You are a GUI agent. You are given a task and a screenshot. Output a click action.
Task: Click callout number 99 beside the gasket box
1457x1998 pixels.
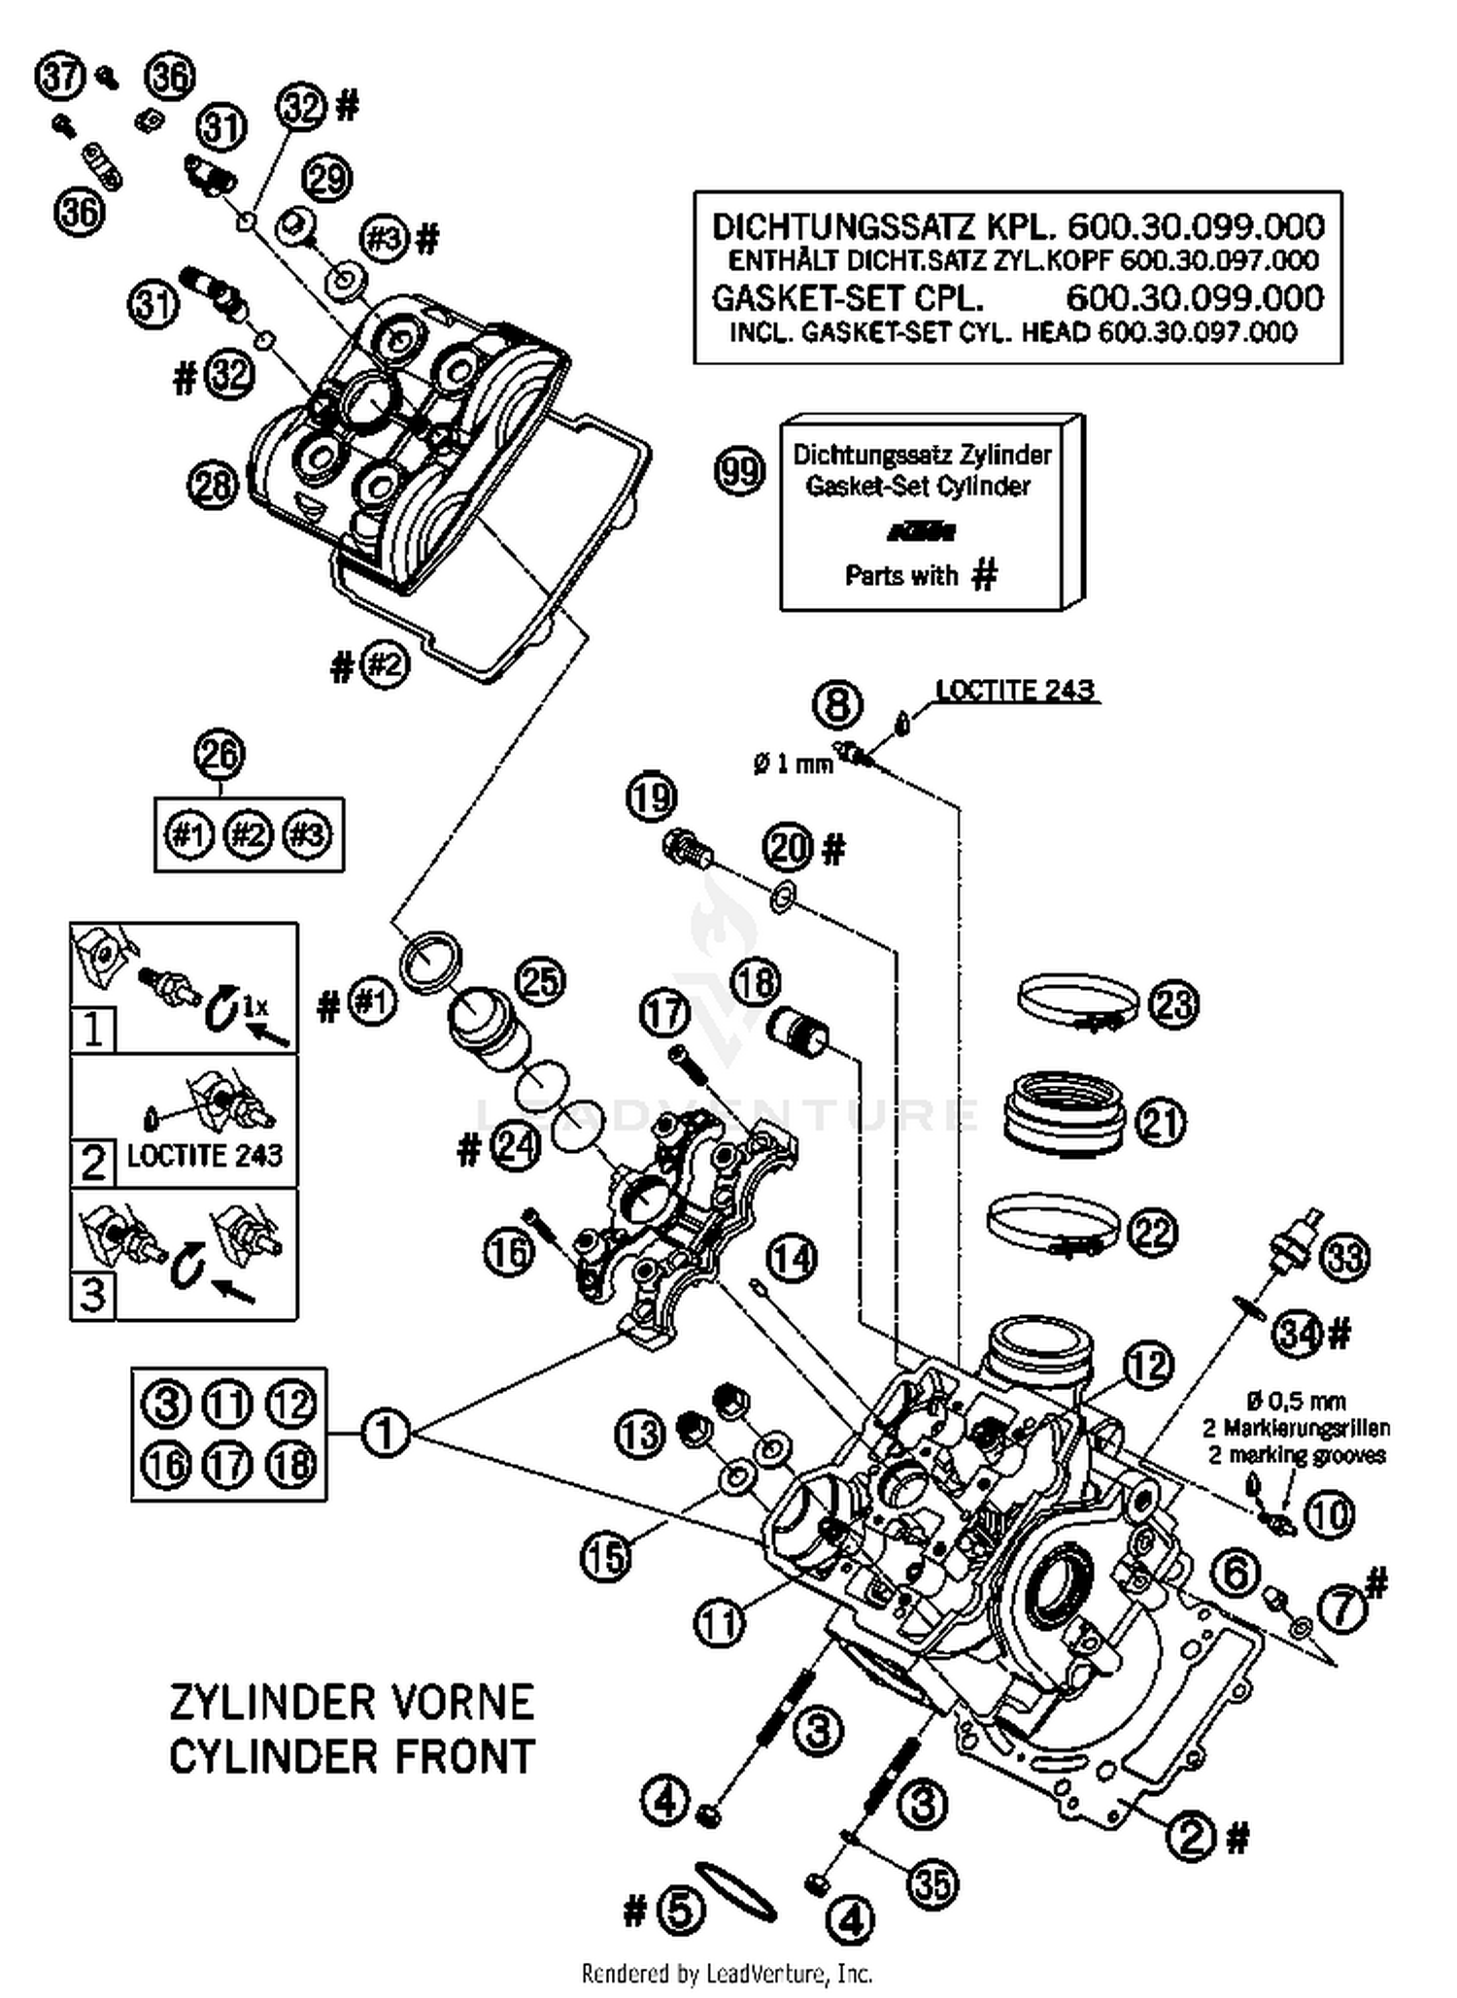[739, 472]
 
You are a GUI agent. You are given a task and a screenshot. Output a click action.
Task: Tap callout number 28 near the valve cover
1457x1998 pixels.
[213, 485]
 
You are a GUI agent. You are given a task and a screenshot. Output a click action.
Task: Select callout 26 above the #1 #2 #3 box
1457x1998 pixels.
[220, 755]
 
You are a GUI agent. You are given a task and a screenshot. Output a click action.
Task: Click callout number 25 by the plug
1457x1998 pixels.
[540, 981]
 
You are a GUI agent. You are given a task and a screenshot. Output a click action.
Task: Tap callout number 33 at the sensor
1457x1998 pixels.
[1345, 1258]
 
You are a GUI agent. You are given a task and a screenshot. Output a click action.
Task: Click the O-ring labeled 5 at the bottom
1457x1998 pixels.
[735, 1890]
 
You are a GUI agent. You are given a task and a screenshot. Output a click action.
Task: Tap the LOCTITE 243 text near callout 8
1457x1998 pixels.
[1015, 691]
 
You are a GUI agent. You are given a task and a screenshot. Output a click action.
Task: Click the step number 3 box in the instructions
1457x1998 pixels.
[93, 1294]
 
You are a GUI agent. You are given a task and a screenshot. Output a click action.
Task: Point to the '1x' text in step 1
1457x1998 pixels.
[254, 1006]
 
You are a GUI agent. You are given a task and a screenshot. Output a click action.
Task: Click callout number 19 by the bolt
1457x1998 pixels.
[651, 797]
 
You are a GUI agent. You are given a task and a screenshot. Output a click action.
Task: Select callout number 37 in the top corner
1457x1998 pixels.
[60, 76]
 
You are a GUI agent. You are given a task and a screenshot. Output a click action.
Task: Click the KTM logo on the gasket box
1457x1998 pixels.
[921, 531]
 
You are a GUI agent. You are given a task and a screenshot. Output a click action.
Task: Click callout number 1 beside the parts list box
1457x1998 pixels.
[385, 1433]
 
